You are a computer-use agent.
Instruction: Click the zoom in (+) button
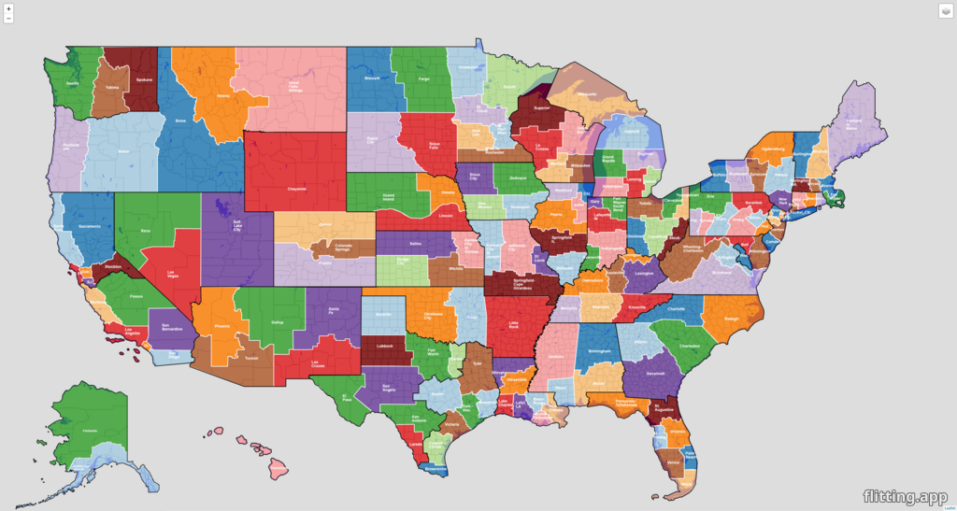point(8,8)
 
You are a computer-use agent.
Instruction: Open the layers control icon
point(944,10)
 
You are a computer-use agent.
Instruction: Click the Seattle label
point(72,83)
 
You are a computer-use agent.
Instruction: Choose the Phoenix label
point(222,326)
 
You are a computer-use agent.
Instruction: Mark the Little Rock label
point(513,325)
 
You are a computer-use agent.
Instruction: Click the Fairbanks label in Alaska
point(91,431)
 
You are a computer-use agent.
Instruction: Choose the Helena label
point(223,95)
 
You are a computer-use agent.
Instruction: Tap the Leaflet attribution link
point(949,507)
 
